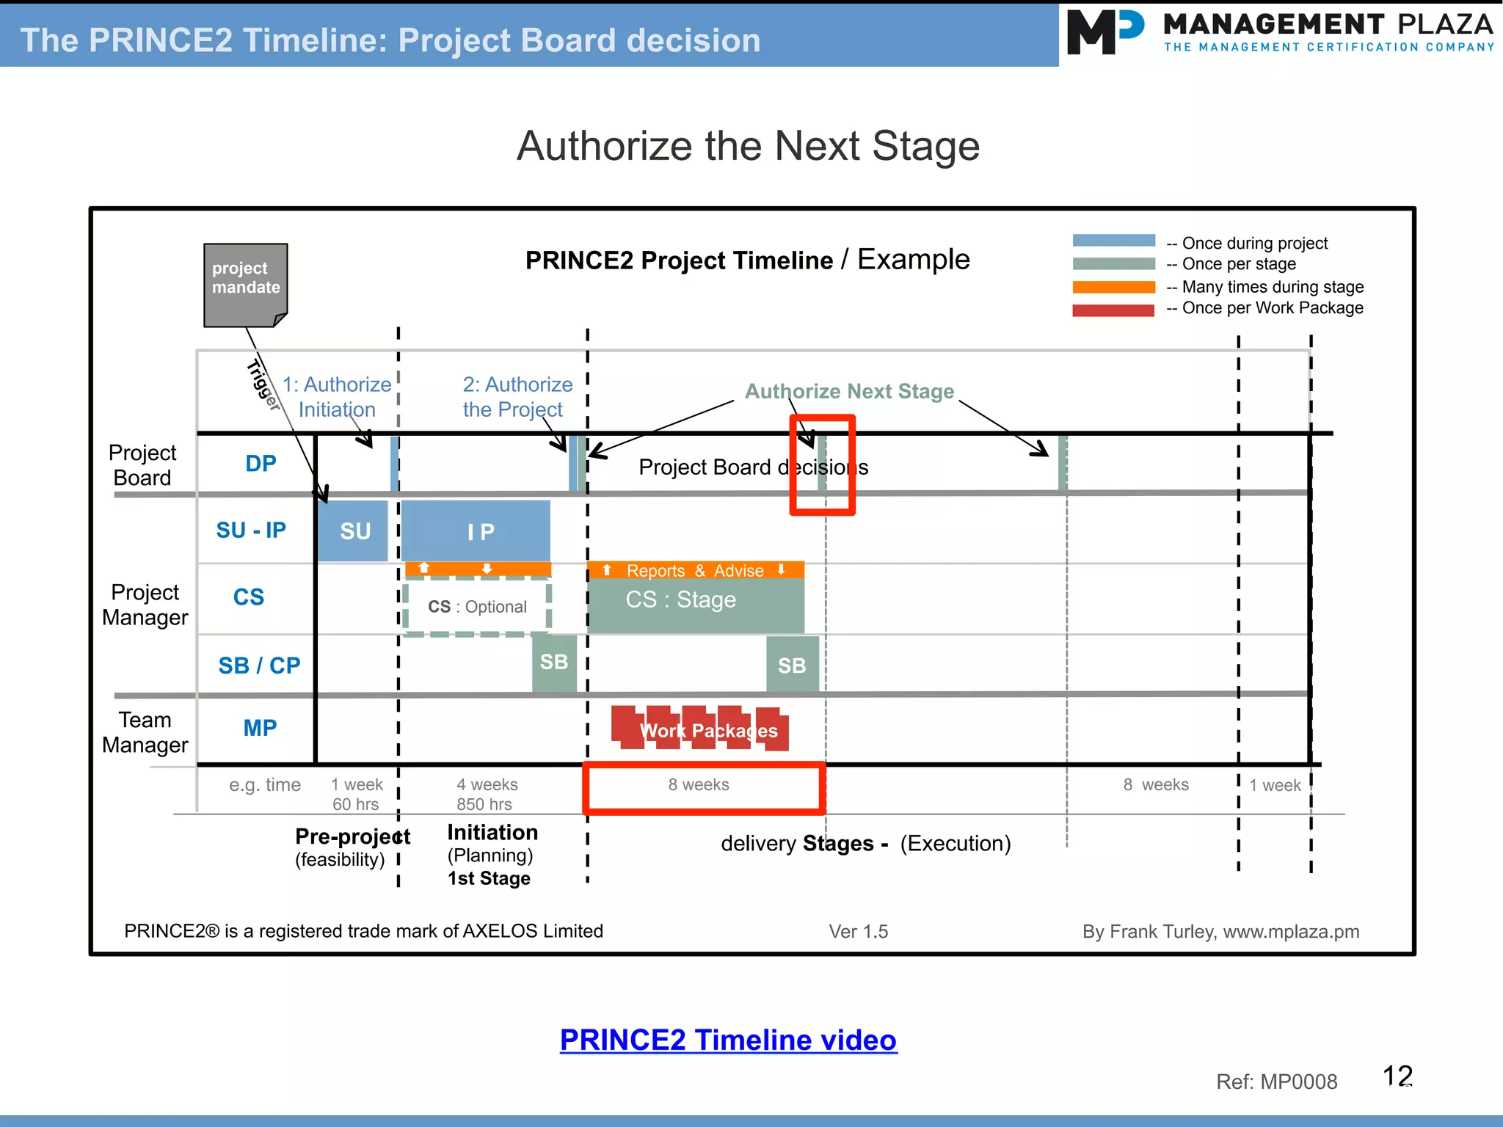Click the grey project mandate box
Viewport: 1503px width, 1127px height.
(245, 284)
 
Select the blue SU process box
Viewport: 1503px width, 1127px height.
(353, 530)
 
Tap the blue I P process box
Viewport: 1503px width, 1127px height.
(476, 530)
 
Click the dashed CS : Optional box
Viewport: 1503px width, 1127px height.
(477, 607)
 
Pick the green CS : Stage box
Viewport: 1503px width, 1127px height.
(695, 605)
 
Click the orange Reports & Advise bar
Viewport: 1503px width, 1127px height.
(695, 570)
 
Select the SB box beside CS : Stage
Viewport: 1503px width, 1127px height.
(792, 665)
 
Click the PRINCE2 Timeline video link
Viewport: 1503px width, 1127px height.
(728, 1040)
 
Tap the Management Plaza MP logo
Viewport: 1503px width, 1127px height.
(1104, 32)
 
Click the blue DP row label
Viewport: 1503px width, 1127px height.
(261, 463)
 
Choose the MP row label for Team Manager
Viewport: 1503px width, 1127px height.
(260, 728)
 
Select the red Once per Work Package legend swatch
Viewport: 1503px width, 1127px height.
(1113, 310)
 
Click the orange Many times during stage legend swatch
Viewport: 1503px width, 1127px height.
(1113, 287)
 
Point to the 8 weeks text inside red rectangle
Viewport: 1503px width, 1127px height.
(699, 784)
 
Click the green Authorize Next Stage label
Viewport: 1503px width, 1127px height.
(849, 391)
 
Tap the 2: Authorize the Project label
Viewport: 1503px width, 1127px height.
(517, 397)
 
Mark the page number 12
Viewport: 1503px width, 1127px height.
(1397, 1076)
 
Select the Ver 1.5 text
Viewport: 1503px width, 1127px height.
(858, 931)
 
